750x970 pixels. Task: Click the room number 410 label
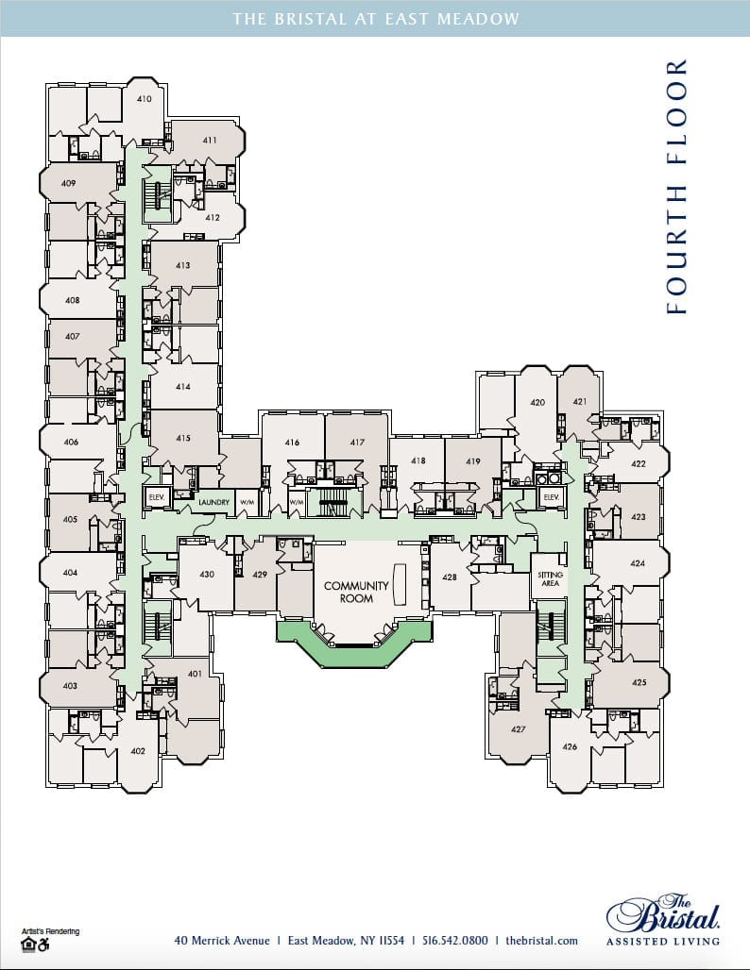(145, 99)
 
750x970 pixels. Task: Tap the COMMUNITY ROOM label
(356, 592)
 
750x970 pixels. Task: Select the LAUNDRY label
(213, 502)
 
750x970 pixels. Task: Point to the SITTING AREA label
(550, 578)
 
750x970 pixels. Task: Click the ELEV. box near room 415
(155, 496)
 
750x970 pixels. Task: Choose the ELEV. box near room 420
(551, 496)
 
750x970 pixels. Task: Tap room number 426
(569, 746)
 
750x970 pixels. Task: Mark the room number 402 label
(138, 751)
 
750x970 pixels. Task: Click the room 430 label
(206, 575)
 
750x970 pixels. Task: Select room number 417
(356, 443)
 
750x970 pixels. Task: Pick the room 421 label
(580, 402)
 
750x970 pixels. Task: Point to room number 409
(69, 183)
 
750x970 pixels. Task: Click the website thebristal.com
(541, 941)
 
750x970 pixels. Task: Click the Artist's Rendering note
(50, 931)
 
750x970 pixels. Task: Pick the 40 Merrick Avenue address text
(222, 941)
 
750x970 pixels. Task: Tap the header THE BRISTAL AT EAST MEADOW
(375, 18)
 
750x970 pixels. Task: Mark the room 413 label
(182, 265)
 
